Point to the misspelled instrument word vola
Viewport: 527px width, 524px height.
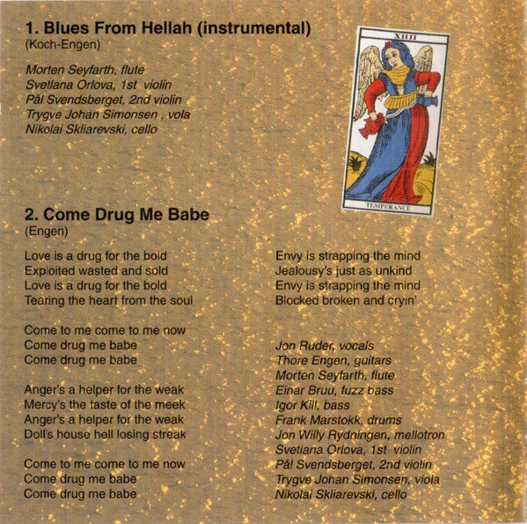coord(201,114)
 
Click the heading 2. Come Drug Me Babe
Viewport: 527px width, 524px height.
coord(110,213)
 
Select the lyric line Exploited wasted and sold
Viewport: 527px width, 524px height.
coord(96,270)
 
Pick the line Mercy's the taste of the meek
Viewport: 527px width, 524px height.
coord(104,404)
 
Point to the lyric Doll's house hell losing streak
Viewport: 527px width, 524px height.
coord(106,434)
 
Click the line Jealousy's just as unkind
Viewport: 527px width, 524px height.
coord(341,270)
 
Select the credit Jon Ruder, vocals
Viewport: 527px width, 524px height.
coord(324,345)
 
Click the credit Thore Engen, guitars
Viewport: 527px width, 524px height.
coord(333,360)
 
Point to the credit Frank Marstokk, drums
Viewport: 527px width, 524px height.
coord(339,420)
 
